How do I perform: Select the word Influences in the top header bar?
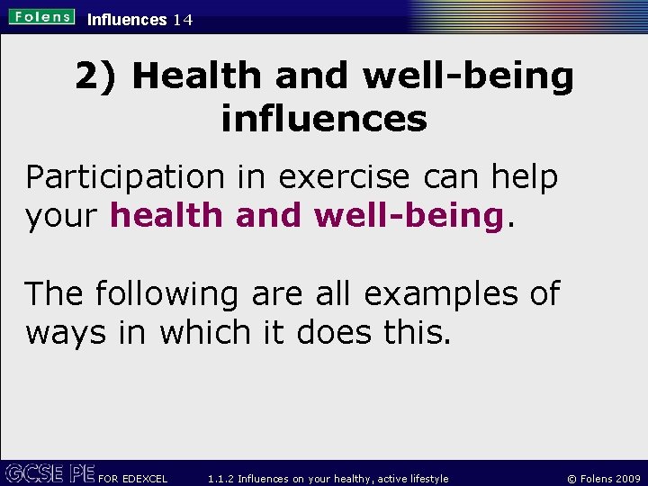tap(127, 20)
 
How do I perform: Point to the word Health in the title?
tap(198, 77)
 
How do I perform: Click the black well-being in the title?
tap(469, 77)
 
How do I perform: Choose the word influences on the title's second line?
tap(324, 118)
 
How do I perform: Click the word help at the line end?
tap(525, 177)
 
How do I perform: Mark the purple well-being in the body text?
tap(407, 216)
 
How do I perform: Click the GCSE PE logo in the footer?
tap(50, 472)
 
